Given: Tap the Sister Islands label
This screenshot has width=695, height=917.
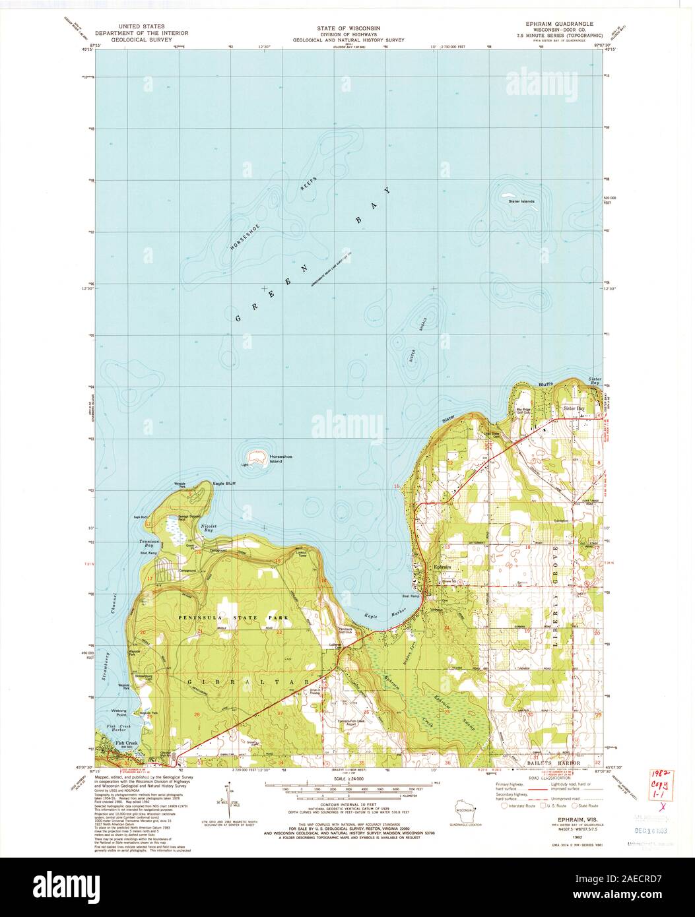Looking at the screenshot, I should (520, 201).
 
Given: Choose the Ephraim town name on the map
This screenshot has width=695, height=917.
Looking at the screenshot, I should (440, 567).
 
